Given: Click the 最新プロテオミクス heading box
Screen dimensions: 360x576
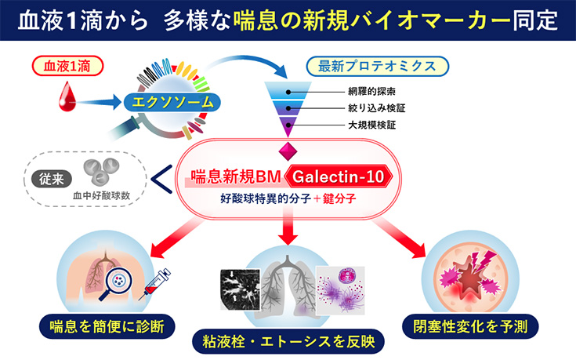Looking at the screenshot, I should click(x=378, y=67).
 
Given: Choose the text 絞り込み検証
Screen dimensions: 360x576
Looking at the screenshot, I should click(x=375, y=107).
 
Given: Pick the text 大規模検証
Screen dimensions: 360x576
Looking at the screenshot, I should click(x=370, y=125).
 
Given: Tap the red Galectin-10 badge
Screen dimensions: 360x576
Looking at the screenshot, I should click(x=337, y=177).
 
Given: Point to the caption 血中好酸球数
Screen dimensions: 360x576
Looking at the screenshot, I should click(x=103, y=193).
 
